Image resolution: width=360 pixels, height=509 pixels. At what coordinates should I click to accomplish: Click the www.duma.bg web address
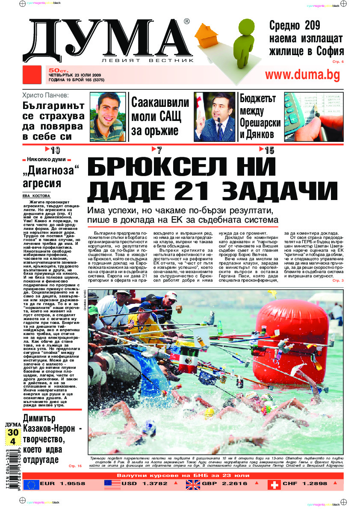coord(303,75)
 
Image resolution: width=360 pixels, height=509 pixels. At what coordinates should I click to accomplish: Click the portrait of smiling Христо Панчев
coord(108,117)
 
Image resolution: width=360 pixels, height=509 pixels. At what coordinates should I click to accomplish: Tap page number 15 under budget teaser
coord(269,150)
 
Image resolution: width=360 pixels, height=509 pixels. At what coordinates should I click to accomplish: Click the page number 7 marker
coord(159,150)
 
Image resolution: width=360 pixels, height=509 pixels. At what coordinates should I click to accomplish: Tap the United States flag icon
coord(112,484)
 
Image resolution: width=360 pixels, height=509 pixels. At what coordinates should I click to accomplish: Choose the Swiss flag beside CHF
coord(274,484)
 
